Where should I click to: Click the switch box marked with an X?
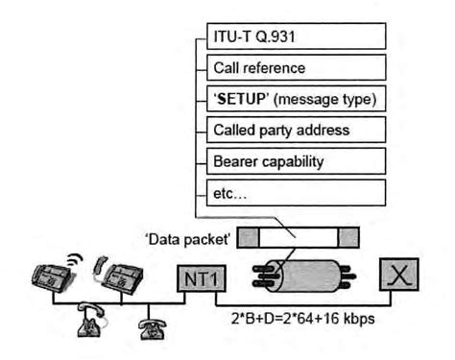397,277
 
